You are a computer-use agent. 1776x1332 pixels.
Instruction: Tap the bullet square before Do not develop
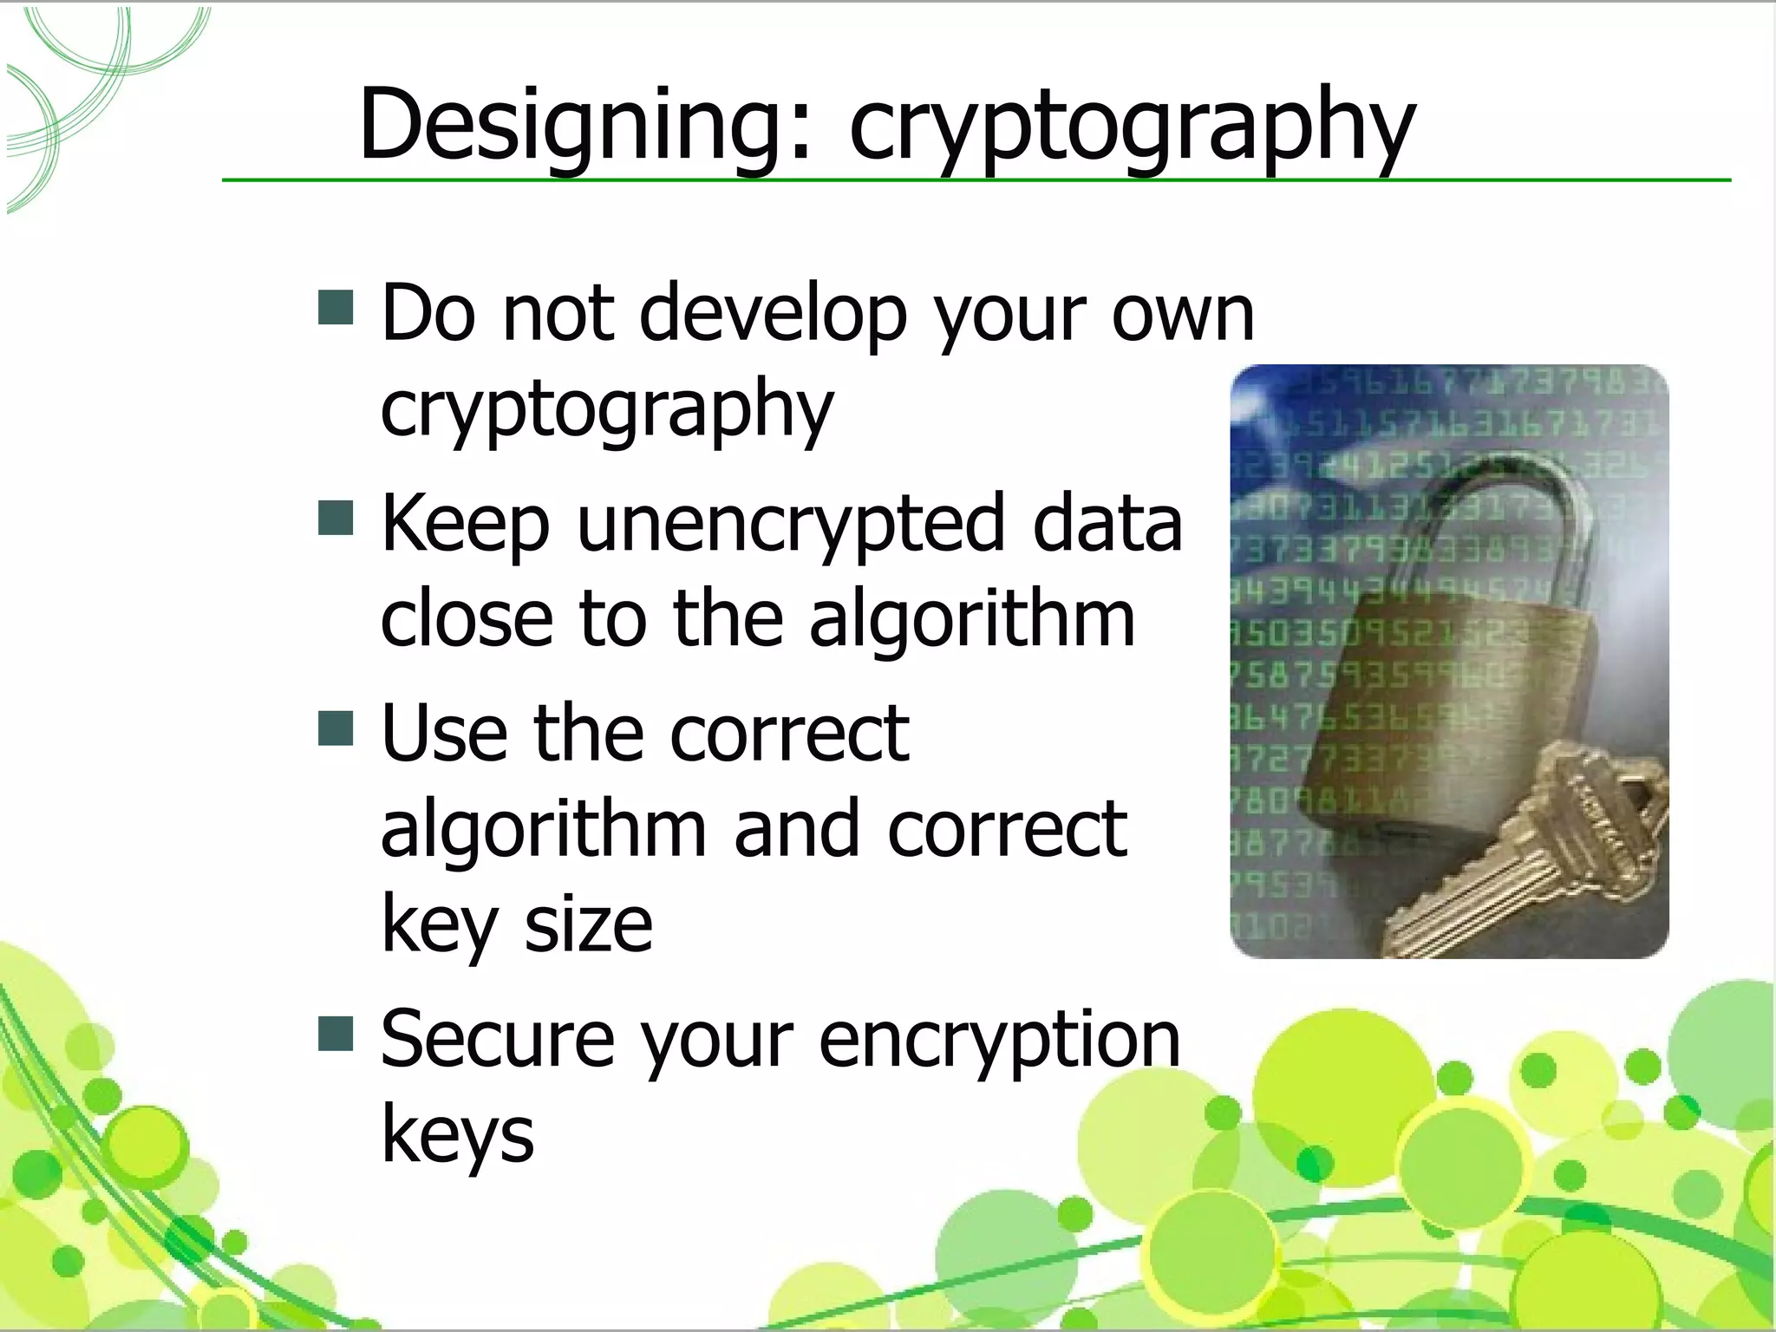point(336,308)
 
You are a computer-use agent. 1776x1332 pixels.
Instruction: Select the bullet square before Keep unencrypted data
point(336,518)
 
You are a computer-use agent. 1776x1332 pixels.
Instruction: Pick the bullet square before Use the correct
point(336,728)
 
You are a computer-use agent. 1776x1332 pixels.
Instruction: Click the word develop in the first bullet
point(773,314)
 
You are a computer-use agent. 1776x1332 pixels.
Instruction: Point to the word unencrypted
point(788,526)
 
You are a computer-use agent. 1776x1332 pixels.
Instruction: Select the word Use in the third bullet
point(443,734)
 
